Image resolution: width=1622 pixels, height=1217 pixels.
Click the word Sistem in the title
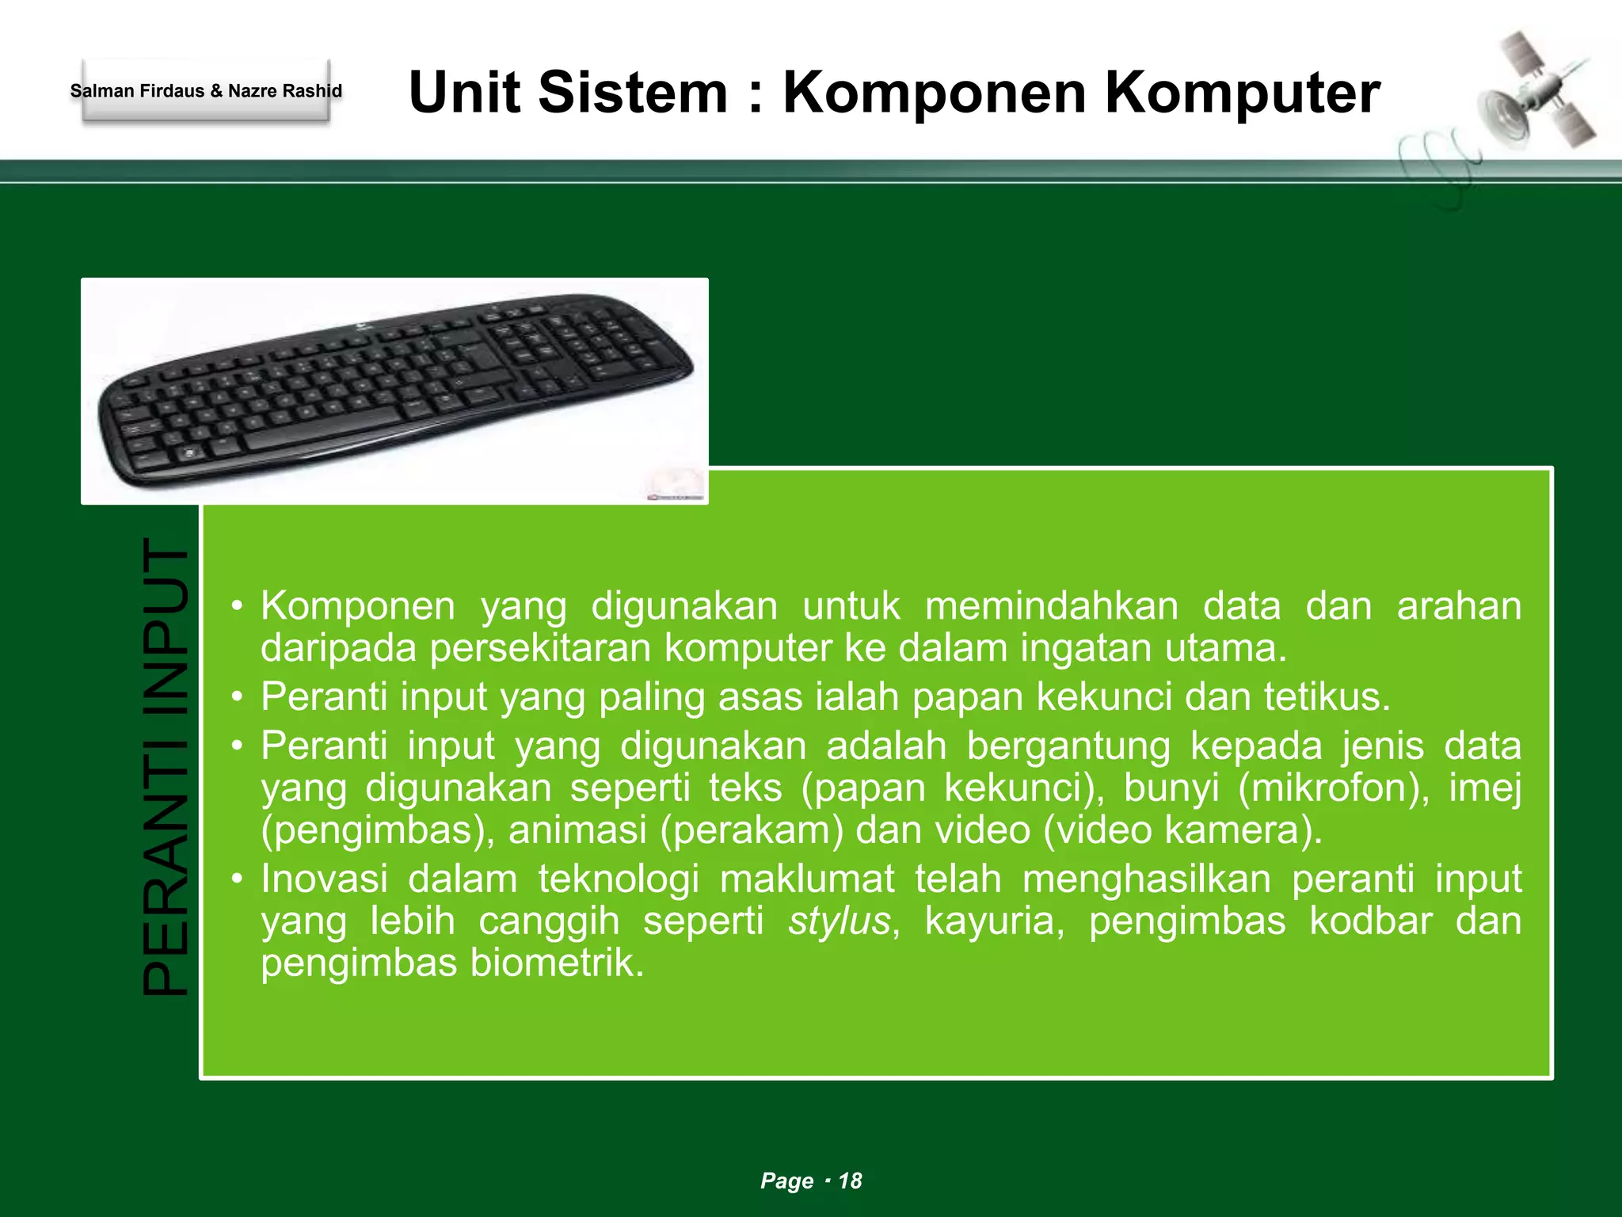(632, 93)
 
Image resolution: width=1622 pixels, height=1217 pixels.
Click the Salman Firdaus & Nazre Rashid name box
(206, 91)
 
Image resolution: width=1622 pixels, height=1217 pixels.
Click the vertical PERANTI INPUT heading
(166, 766)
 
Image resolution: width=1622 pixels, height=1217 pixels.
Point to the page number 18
(850, 1181)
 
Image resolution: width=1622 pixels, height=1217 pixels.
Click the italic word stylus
(840, 921)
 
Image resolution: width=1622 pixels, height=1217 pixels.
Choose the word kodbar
(1371, 921)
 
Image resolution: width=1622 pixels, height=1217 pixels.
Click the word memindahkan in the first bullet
(1052, 606)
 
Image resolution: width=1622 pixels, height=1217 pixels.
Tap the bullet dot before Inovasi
(237, 879)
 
